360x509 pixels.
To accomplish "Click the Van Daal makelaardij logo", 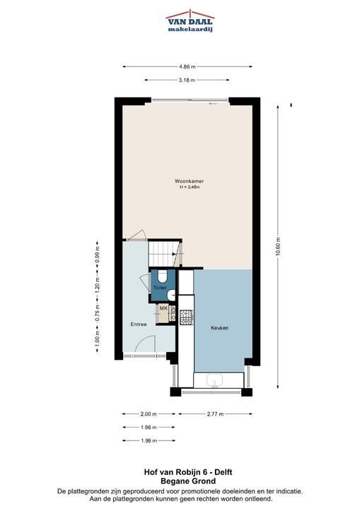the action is (x=190, y=21).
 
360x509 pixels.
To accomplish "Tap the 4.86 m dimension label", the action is (x=187, y=67).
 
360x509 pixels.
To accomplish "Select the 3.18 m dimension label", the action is (x=187, y=80).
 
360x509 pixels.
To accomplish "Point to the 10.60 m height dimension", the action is (x=278, y=247).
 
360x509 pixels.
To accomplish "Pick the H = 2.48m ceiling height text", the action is (x=190, y=187).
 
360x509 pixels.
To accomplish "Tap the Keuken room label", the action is (x=220, y=328).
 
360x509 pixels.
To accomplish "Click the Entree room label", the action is (x=139, y=324).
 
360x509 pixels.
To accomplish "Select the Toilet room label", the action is (x=160, y=288).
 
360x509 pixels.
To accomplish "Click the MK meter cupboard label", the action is (x=163, y=308).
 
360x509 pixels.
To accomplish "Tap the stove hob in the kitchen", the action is (x=187, y=317).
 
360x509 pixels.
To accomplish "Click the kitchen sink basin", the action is (x=214, y=380).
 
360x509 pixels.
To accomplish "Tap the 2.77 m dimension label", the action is (x=216, y=414).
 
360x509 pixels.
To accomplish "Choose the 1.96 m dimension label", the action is (x=149, y=427).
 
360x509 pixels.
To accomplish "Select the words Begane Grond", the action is (x=188, y=481).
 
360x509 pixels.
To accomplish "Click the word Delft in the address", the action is (x=223, y=472).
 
